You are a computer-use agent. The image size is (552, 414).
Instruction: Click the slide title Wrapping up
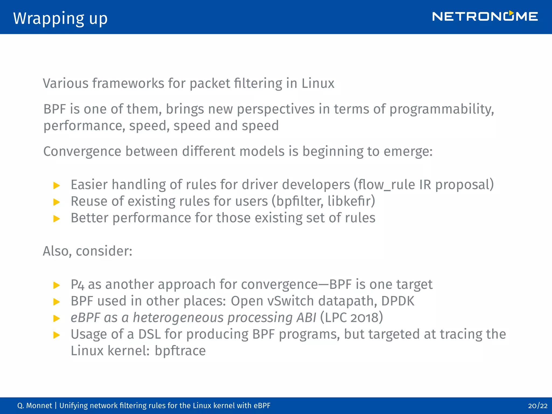60,18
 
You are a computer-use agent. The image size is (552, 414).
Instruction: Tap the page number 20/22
538,406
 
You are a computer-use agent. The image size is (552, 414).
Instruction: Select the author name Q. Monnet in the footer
34,406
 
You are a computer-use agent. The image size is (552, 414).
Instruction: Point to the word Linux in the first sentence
318,83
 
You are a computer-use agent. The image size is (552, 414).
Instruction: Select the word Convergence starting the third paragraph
82,151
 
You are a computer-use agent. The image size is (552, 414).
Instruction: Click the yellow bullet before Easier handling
57,185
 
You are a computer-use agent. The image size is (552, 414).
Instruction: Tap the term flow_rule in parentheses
387,185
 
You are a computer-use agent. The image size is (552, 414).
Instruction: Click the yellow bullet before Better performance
57,219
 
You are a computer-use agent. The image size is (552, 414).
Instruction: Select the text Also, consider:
88,251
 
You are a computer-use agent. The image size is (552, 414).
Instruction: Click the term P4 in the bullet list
77,285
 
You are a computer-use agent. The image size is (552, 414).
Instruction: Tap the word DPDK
398,301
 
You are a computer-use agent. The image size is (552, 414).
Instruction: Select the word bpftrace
180,351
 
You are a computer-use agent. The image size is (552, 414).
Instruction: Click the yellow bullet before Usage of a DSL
57,335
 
